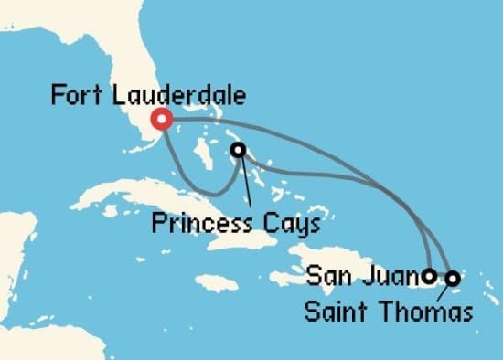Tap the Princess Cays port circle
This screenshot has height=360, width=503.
(x=238, y=149)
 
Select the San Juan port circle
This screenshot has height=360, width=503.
(x=430, y=274)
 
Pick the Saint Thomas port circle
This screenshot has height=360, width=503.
(x=452, y=277)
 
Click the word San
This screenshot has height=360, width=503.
(x=326, y=273)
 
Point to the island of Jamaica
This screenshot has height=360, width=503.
(x=216, y=281)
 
